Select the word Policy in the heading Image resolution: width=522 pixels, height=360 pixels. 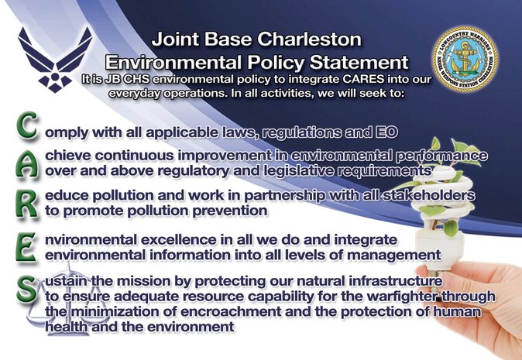click(292, 60)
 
